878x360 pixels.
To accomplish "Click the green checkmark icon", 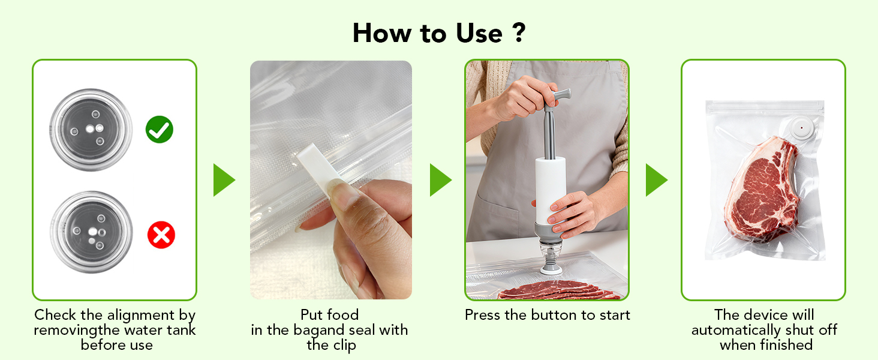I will click(159, 130).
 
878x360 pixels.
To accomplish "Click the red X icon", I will click(161, 235).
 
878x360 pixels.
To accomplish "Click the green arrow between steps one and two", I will click(224, 180).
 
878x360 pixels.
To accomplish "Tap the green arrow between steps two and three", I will click(440, 180).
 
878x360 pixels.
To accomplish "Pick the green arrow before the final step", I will click(656, 180).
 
